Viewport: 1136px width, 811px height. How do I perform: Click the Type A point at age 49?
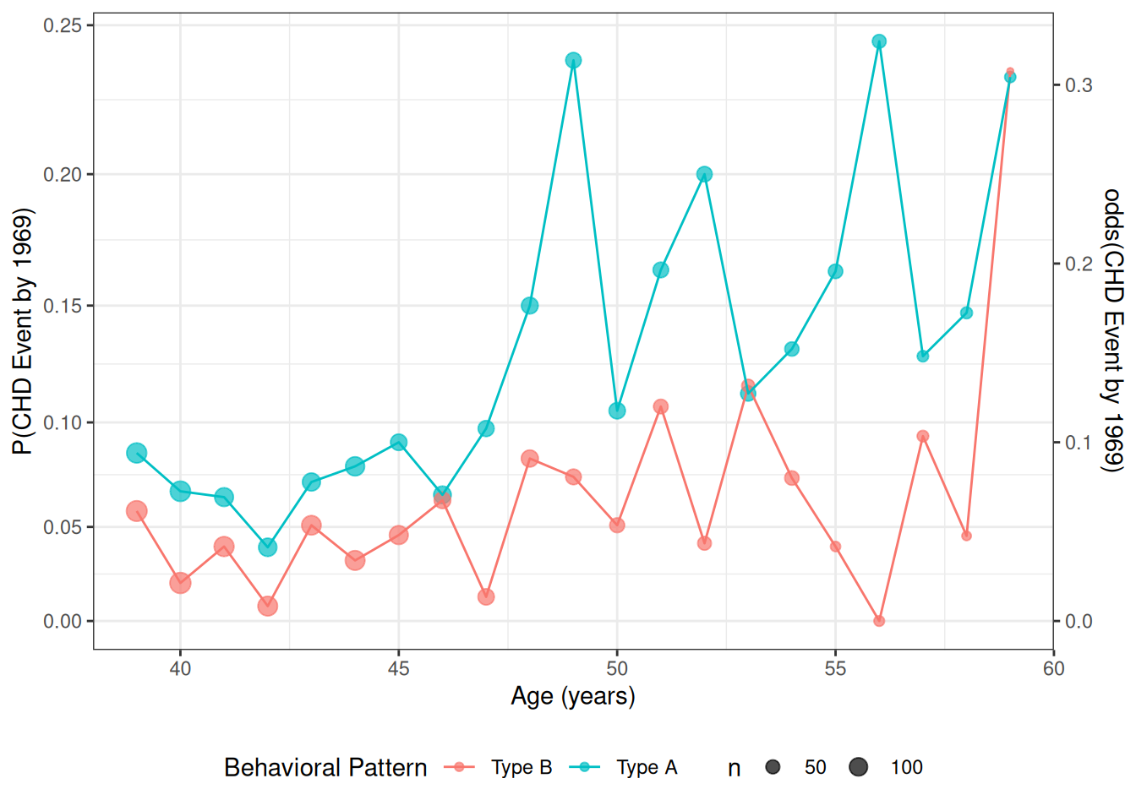click(x=573, y=61)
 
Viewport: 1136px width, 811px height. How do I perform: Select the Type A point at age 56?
click(x=879, y=41)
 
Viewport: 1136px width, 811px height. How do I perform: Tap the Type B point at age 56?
click(x=879, y=621)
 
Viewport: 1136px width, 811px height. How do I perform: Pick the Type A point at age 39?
click(x=137, y=454)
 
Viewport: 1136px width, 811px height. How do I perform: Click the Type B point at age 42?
click(x=268, y=606)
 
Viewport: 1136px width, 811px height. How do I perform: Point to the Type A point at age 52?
click(x=704, y=174)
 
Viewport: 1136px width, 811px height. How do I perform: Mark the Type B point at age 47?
click(x=486, y=597)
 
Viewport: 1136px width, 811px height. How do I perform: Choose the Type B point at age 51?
click(x=661, y=406)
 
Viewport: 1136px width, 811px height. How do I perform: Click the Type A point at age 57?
click(x=923, y=357)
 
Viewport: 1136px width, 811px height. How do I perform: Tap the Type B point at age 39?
click(x=137, y=511)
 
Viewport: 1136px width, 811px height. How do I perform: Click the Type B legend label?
click(x=522, y=767)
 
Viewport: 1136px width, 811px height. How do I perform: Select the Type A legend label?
click(x=647, y=767)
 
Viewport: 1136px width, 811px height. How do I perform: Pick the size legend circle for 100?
click(x=859, y=767)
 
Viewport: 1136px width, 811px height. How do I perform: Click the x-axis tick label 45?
click(x=398, y=669)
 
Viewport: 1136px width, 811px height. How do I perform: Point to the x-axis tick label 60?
click(x=1053, y=669)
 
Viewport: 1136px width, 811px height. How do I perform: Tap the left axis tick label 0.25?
click(x=63, y=25)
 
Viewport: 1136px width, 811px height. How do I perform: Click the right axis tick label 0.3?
click(x=1079, y=85)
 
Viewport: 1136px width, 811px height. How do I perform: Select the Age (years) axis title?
click(x=573, y=696)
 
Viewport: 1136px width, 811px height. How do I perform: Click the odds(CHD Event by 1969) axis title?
click(x=1113, y=329)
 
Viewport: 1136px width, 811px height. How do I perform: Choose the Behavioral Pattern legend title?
click(x=325, y=767)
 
